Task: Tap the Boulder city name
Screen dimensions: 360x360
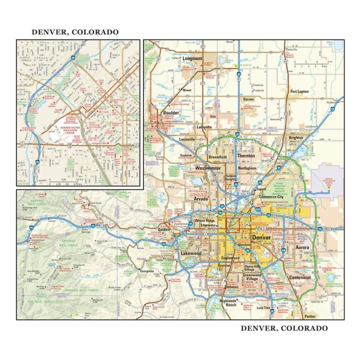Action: [171, 113]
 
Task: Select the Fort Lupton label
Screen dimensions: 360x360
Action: [299, 91]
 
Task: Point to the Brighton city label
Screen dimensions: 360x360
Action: [296, 138]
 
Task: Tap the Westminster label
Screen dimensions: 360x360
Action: [209, 168]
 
